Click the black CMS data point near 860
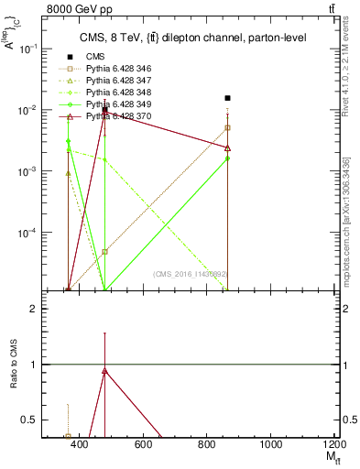point(227,98)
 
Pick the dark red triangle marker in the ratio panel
point(105,371)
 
